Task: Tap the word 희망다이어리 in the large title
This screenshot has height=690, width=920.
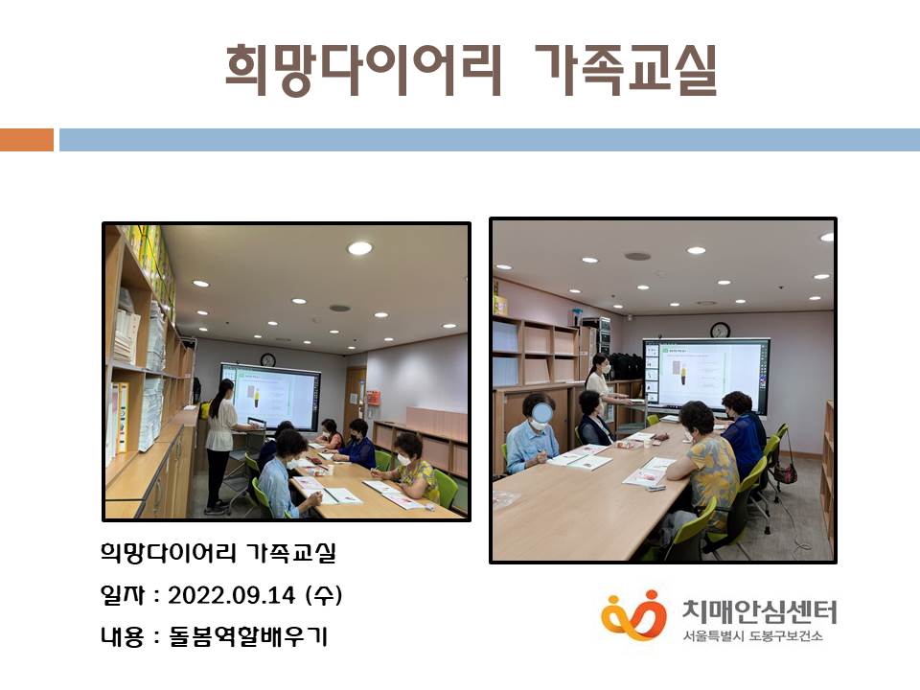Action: pyautogui.click(x=364, y=70)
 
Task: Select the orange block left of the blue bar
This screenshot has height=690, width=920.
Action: pyautogui.click(x=27, y=140)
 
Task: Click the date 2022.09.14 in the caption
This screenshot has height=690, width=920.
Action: pyautogui.click(x=231, y=595)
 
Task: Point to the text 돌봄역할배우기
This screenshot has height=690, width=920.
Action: pyautogui.click(x=247, y=636)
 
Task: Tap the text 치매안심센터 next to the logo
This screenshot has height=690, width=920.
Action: pyautogui.click(x=760, y=611)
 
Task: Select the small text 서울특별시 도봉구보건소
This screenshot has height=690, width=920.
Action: pyautogui.click(x=753, y=636)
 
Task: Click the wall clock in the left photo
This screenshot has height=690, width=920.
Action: pyautogui.click(x=268, y=359)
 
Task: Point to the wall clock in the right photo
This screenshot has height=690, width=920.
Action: pyautogui.click(x=720, y=331)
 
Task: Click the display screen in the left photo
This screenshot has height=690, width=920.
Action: pyautogui.click(x=270, y=396)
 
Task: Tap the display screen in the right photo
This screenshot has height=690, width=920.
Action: pyautogui.click(x=706, y=375)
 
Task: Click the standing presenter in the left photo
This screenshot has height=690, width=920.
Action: pyautogui.click(x=220, y=446)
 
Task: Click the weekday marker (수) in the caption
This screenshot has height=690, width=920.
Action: pyautogui.click(x=323, y=595)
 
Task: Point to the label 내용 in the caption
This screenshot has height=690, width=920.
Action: pyautogui.click(x=122, y=636)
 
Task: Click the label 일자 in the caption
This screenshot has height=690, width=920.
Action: pyautogui.click(x=122, y=595)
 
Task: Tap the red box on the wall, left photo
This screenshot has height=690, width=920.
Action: pyautogui.click(x=373, y=397)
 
